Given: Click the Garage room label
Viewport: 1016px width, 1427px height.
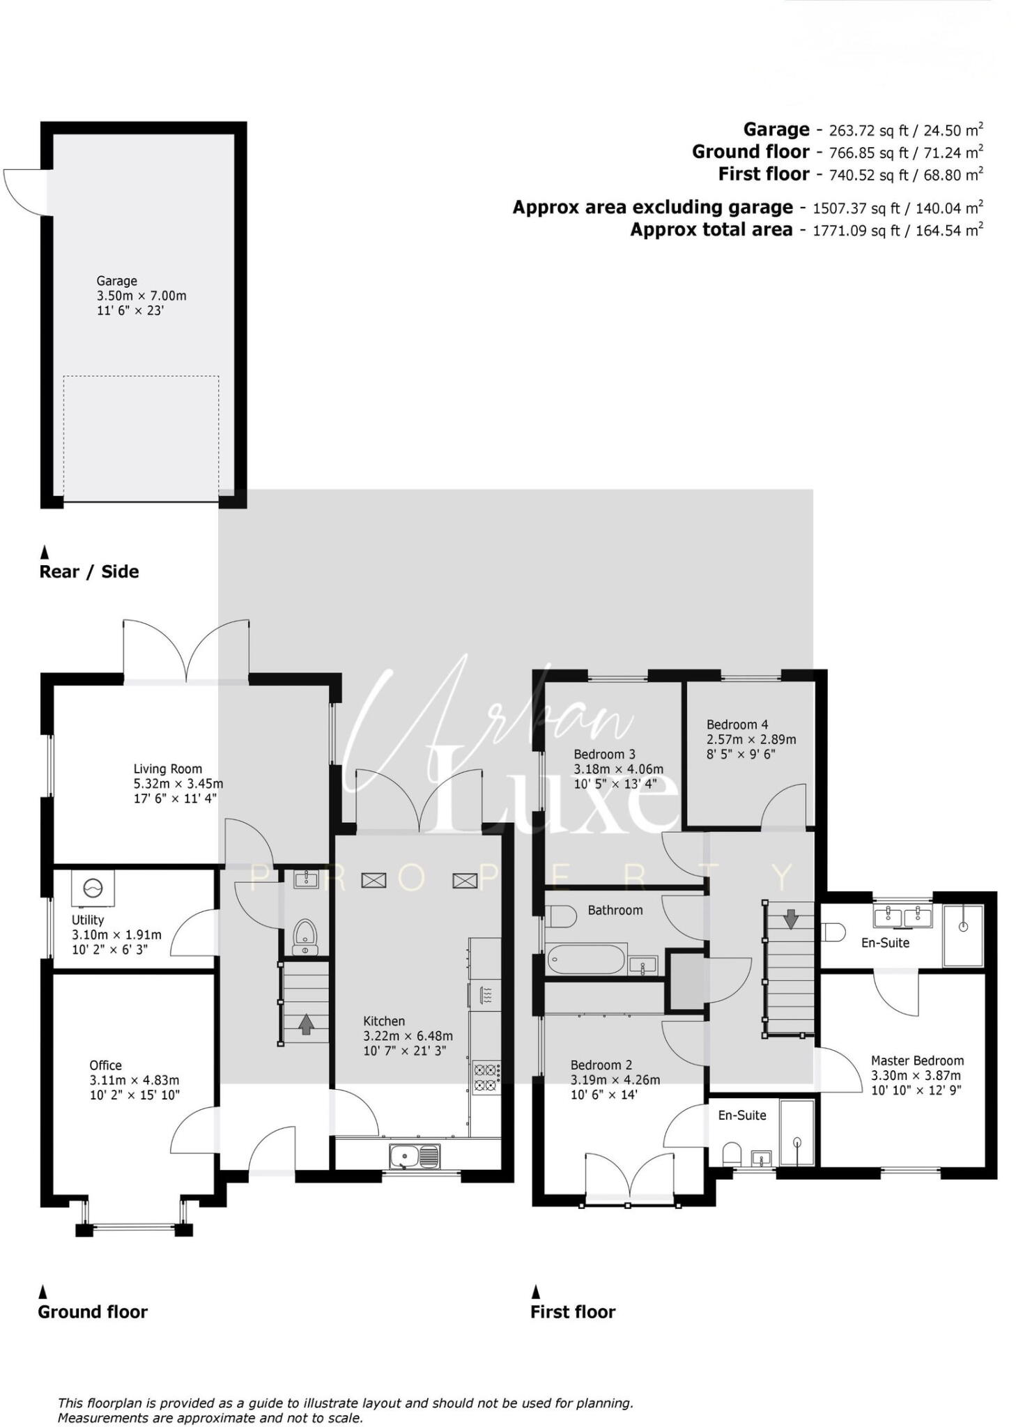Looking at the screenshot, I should [116, 281].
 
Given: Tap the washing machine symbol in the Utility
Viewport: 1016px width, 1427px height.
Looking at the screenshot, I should [93, 888].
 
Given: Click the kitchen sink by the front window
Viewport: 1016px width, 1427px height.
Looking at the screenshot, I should [414, 1157].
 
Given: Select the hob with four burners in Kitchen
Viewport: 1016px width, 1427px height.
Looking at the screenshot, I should [486, 1077].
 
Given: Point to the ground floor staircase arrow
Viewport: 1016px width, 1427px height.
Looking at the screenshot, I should [305, 1025].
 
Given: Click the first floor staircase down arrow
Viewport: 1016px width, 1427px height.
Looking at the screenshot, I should [790, 919].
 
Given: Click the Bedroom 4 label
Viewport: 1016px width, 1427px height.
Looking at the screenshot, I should [737, 725].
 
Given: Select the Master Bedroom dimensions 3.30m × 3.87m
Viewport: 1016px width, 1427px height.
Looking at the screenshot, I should [916, 1075].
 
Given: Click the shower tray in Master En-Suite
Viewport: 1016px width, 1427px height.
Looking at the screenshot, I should [963, 935].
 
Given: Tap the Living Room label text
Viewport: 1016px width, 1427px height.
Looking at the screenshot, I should [167, 769].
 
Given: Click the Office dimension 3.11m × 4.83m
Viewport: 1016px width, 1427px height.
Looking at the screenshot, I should [134, 1080].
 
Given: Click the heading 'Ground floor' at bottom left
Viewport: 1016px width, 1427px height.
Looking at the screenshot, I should [93, 1312].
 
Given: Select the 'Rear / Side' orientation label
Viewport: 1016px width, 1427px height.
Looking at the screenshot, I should [89, 572].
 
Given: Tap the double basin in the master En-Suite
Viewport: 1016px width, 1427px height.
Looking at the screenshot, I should [903, 916].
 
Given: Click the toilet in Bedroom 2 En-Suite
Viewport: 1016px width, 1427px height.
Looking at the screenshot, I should [731, 1153].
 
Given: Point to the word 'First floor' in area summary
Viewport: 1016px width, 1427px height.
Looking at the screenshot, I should [764, 174].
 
